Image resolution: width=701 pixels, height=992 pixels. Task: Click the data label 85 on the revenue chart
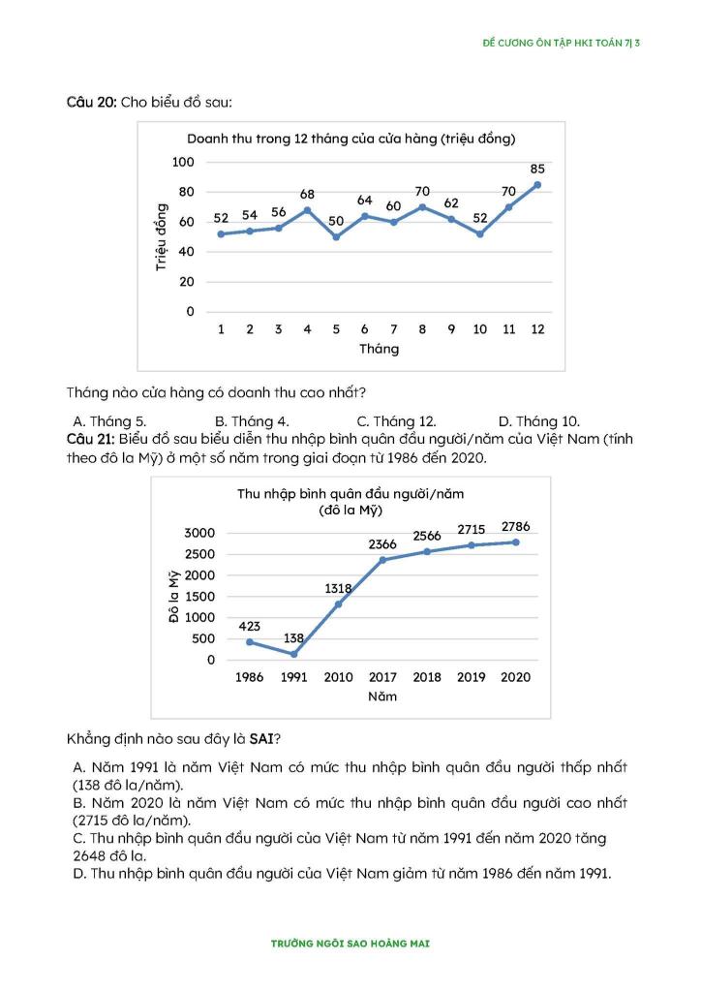pos(537,169)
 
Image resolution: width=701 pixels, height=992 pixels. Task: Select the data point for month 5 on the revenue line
pos(336,236)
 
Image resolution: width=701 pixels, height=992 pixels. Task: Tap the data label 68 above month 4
pos(307,195)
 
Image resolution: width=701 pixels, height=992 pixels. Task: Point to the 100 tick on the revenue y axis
pos(183,162)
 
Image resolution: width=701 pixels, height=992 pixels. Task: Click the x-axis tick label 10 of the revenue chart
pos(479,329)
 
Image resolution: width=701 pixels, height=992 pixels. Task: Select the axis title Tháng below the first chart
pos(379,349)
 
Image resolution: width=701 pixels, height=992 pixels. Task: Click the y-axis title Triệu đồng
pos(161,236)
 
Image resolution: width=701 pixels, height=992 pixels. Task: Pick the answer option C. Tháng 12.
pos(396,421)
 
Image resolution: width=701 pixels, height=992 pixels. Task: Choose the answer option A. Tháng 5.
pos(110,421)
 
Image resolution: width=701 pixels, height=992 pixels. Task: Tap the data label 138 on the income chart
pos(294,637)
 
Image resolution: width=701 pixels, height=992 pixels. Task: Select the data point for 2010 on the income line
pos(338,604)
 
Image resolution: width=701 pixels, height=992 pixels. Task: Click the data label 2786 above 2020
pos(515,526)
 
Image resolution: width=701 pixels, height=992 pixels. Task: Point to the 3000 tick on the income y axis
pos(198,534)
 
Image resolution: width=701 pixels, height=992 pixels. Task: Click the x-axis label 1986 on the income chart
pos(250,677)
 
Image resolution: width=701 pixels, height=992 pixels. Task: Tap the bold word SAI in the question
pos(259,739)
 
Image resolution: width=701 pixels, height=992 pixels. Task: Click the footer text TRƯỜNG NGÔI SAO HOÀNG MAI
pos(350,943)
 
